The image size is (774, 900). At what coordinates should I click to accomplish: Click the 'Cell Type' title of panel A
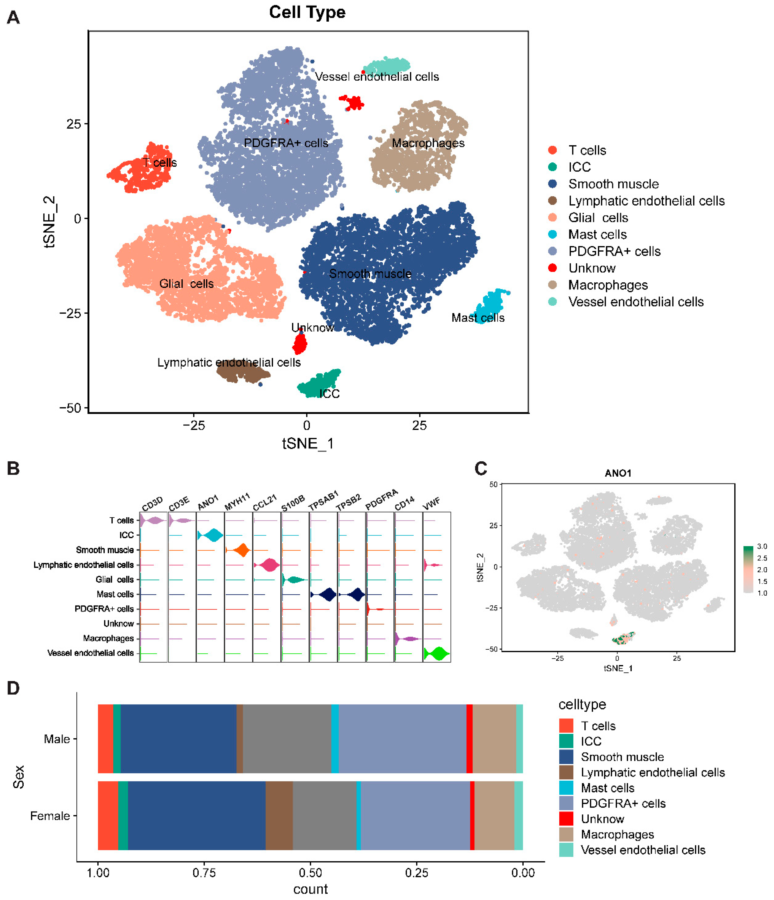307,12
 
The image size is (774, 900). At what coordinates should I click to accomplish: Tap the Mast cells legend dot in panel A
552,235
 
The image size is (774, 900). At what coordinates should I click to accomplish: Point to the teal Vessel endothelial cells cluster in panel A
387,65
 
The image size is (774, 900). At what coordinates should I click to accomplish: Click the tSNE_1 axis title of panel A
308,444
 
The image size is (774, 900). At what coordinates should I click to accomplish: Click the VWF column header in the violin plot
431,504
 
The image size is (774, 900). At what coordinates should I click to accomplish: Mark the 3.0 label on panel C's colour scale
762,546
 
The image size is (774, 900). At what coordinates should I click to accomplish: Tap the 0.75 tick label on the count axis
204,873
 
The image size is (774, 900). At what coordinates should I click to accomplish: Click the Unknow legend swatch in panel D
566,819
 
